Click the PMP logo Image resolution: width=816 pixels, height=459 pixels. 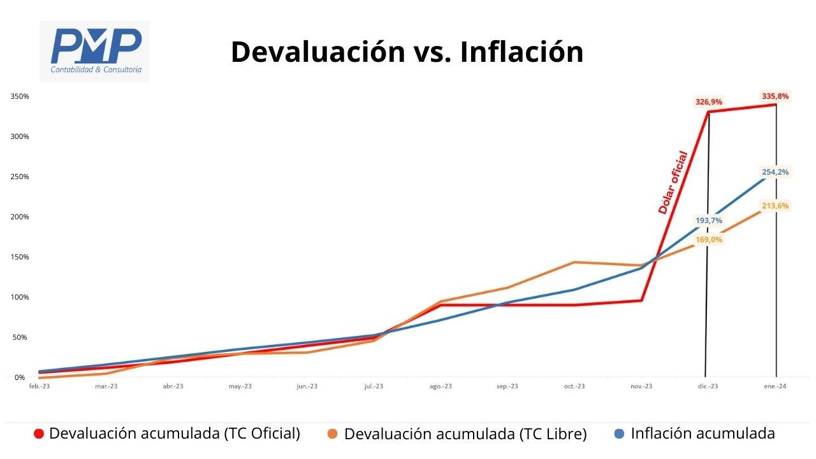point(94,51)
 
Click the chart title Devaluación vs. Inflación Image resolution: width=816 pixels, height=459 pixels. point(407,52)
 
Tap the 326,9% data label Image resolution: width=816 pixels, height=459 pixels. point(709,102)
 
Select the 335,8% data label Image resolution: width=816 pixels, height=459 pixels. point(775,96)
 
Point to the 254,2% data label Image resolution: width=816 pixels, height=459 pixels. point(775,171)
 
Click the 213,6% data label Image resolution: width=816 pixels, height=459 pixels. point(775,206)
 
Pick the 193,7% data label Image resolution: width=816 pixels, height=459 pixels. point(708,221)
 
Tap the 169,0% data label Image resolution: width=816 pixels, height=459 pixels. point(708,240)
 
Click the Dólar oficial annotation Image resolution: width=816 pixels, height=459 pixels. point(673,182)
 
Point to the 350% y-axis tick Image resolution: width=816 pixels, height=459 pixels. point(19,96)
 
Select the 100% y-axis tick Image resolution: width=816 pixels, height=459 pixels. point(19,297)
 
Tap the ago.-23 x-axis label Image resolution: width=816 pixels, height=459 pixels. point(441,387)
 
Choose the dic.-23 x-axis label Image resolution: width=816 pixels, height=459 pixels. point(708,387)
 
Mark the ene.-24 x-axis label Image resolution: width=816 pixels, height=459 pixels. point(775,387)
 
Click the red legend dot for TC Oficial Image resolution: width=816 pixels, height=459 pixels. point(39,434)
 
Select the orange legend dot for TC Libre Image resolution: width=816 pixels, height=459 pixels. point(333,434)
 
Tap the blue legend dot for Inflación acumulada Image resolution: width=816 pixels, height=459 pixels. point(619,434)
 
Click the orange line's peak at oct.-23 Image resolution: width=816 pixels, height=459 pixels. point(574,262)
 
